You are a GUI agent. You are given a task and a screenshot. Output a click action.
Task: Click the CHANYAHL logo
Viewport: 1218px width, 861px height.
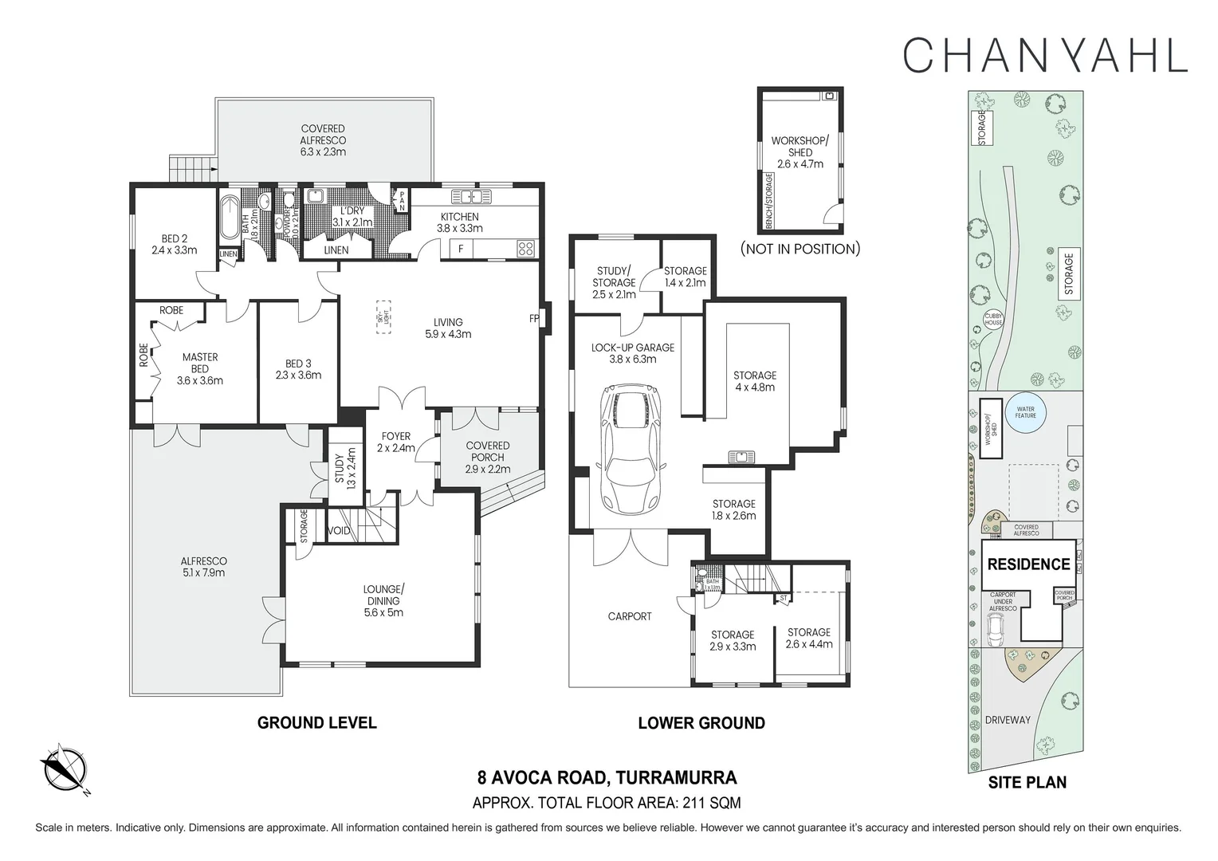tap(1045, 55)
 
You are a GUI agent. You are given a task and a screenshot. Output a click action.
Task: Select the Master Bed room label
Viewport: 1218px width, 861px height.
tap(199, 368)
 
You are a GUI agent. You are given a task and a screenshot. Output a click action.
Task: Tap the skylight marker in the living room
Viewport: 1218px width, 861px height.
tap(383, 316)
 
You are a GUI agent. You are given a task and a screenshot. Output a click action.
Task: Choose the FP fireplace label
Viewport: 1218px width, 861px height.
tap(534, 319)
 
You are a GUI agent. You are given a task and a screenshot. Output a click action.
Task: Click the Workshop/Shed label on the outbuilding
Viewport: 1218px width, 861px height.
tap(800, 152)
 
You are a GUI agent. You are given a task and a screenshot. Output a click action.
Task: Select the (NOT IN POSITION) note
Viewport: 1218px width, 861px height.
tap(800, 249)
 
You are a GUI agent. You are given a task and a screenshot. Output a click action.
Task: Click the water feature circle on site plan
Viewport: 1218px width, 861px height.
tap(1025, 414)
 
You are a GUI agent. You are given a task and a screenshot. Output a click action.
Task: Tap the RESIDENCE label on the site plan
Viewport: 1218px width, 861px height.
tap(1028, 564)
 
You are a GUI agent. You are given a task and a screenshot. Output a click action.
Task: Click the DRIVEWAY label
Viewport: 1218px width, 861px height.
tap(1007, 720)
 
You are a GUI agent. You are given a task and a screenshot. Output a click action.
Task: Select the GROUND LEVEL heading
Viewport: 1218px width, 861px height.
tap(316, 723)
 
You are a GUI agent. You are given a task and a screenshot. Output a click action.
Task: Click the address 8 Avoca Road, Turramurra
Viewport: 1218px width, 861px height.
tap(607, 777)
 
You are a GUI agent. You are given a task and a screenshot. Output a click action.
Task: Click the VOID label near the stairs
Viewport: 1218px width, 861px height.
tap(339, 531)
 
